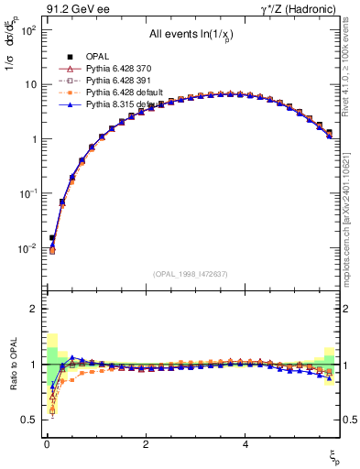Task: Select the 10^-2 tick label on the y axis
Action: [x=27, y=249]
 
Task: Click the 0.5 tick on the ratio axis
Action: [x=30, y=420]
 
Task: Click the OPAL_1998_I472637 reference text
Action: [x=191, y=274]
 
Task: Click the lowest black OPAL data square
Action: [x=52, y=237]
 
